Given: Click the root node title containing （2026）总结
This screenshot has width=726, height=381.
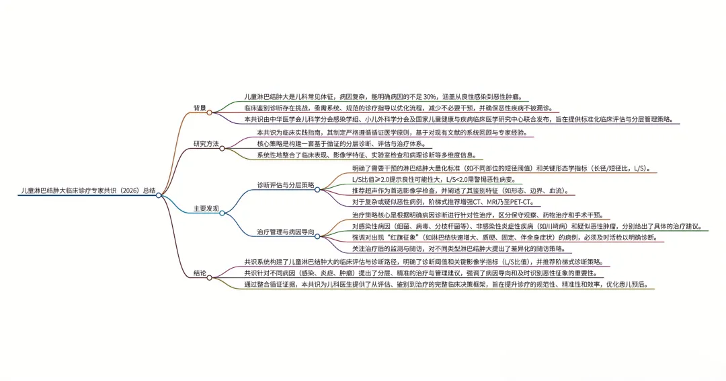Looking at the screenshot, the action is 87,191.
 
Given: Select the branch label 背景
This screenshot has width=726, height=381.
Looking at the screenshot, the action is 200,108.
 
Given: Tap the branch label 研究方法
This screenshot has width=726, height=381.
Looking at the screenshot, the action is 206,144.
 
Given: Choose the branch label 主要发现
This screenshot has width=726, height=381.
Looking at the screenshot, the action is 206,209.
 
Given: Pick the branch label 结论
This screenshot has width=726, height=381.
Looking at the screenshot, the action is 200,273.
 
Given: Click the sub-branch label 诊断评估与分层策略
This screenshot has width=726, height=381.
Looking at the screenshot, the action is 285,184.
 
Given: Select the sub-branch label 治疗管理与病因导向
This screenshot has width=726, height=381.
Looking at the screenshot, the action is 285,232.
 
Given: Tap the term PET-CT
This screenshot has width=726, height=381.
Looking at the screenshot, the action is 521,201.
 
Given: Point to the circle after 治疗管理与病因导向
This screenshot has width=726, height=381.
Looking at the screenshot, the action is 319,236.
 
